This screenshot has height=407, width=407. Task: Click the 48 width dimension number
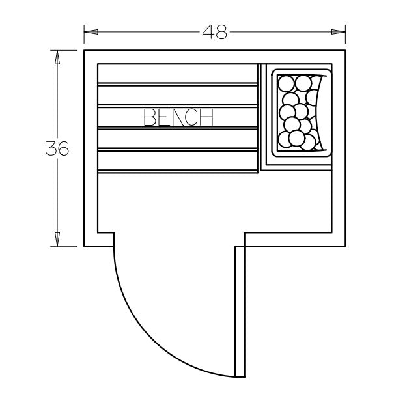(214, 32)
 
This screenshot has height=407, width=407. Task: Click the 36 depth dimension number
(57, 148)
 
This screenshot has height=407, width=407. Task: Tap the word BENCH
(178, 117)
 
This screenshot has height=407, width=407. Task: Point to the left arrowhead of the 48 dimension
(91, 32)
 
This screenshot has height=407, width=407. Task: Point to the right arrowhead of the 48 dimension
(339, 32)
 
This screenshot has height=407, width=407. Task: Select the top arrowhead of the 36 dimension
(57, 57)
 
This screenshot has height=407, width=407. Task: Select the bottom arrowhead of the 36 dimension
(57, 240)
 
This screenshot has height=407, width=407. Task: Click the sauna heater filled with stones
(302, 113)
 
